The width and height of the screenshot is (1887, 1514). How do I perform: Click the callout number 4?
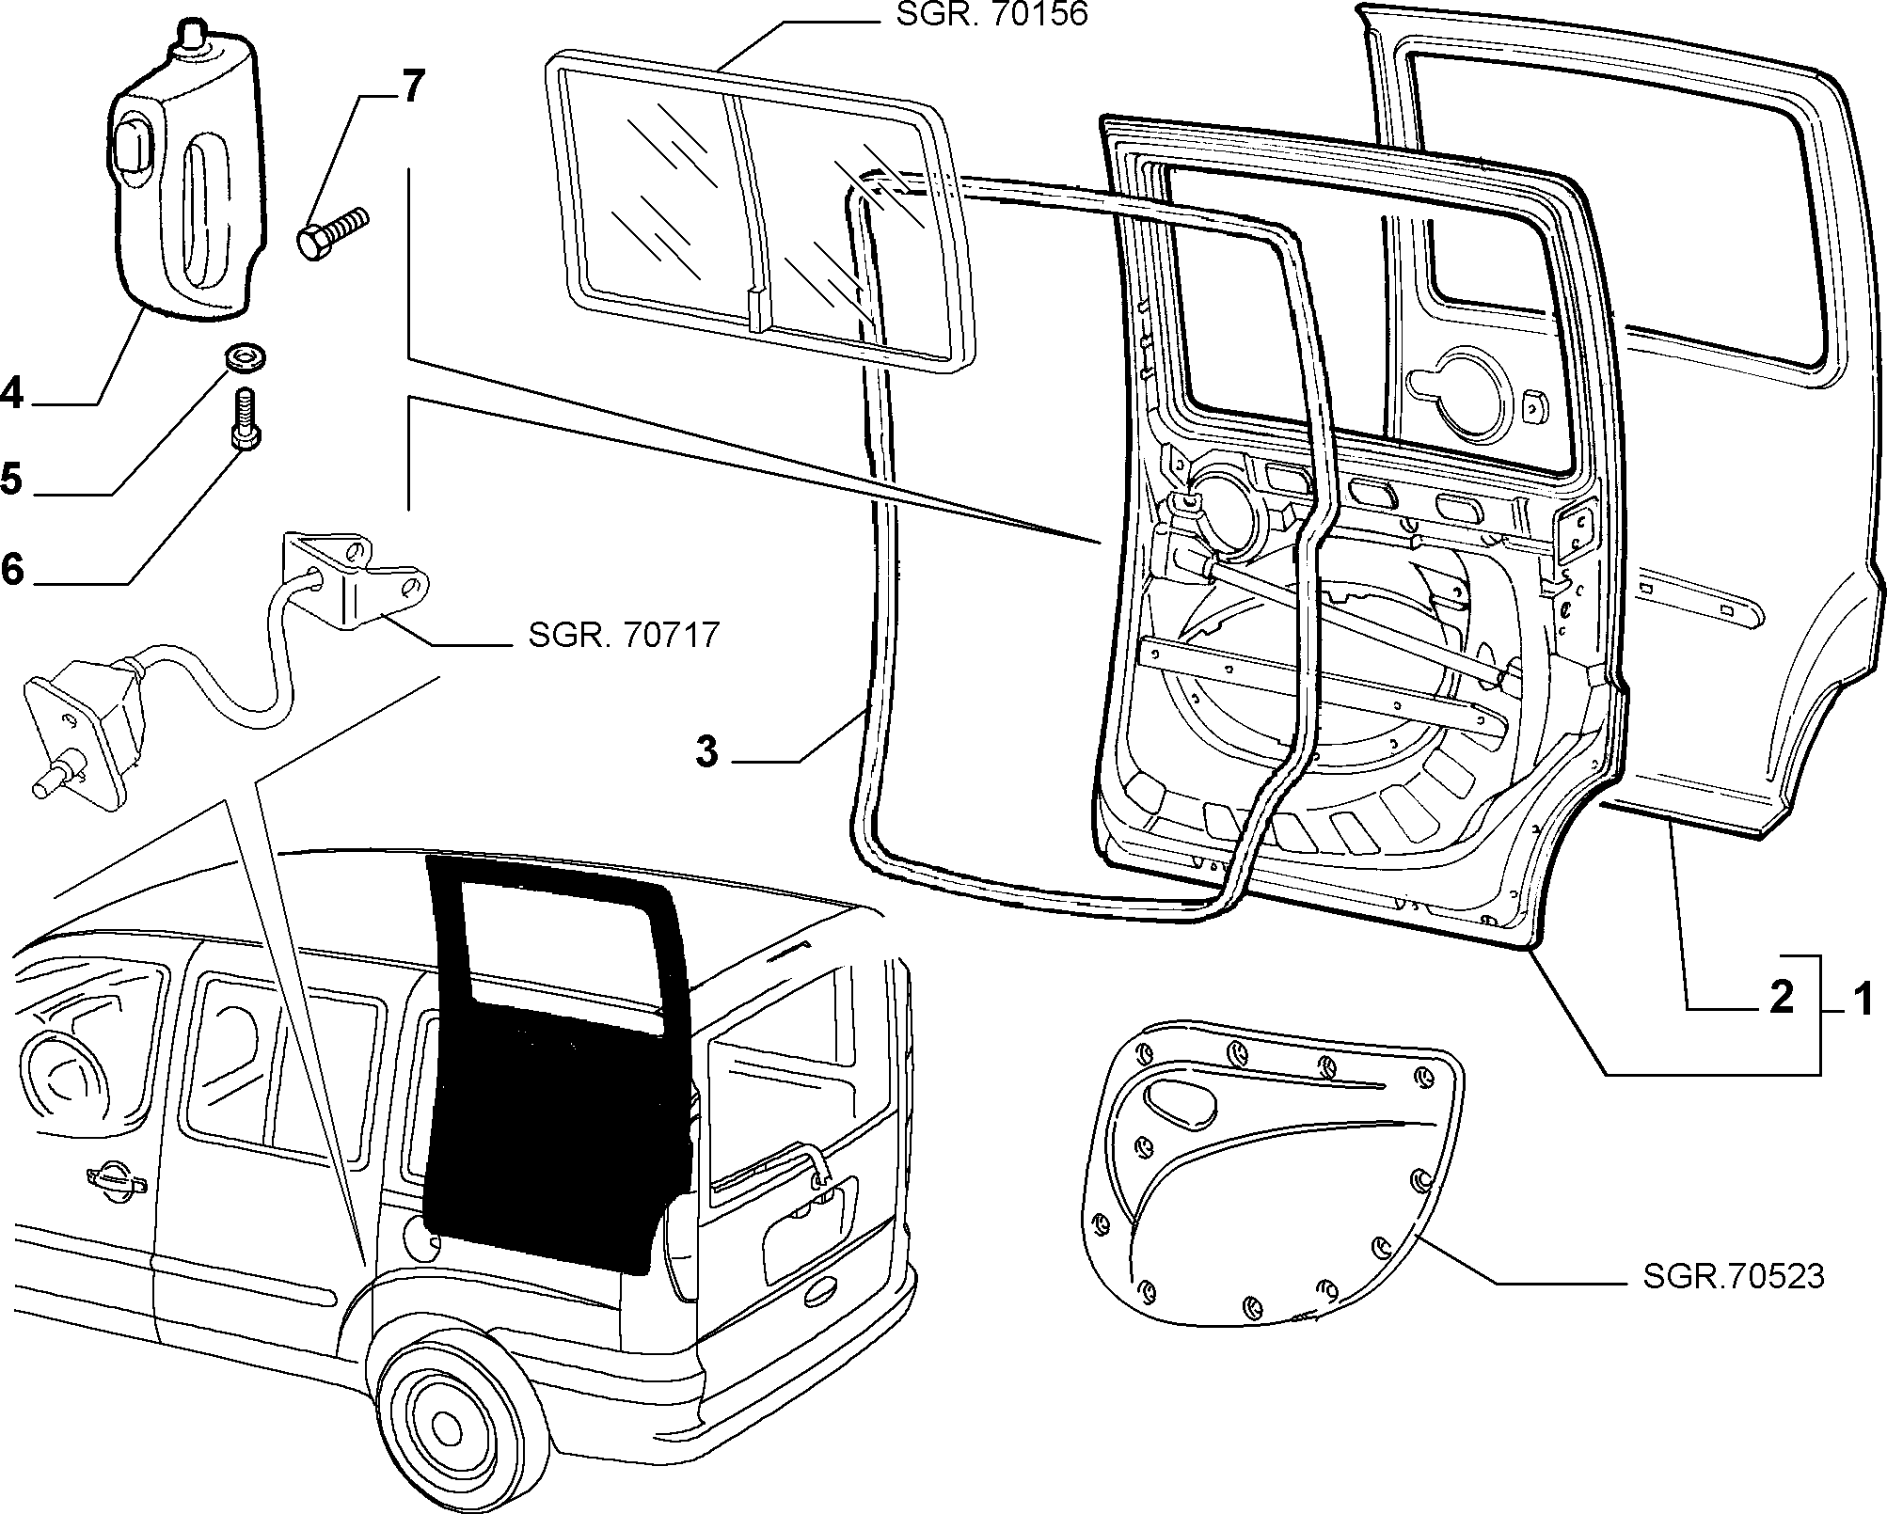11,391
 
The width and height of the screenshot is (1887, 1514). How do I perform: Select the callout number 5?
11,480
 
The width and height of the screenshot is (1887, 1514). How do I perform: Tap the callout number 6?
11,569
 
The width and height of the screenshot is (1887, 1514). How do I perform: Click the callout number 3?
706,752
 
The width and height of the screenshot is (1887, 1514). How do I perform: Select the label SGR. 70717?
624,635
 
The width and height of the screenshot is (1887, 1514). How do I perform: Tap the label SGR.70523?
1734,1277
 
